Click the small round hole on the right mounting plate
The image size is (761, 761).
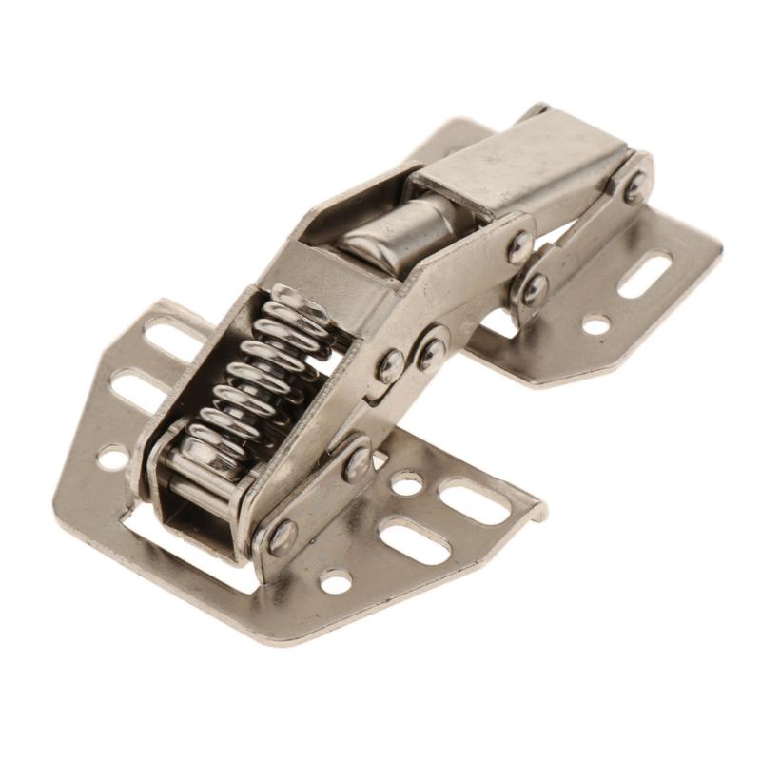(x=596, y=324)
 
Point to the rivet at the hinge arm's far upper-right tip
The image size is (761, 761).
(x=635, y=185)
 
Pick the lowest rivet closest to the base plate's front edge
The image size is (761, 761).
(x=283, y=537)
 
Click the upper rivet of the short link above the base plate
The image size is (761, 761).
(x=358, y=463)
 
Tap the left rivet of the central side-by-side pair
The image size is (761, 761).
(x=390, y=365)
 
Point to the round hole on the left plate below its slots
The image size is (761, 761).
(x=112, y=458)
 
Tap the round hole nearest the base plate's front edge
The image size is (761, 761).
(x=335, y=581)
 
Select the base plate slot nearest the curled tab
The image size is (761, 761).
(x=474, y=501)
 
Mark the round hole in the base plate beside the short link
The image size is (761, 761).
(x=407, y=483)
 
